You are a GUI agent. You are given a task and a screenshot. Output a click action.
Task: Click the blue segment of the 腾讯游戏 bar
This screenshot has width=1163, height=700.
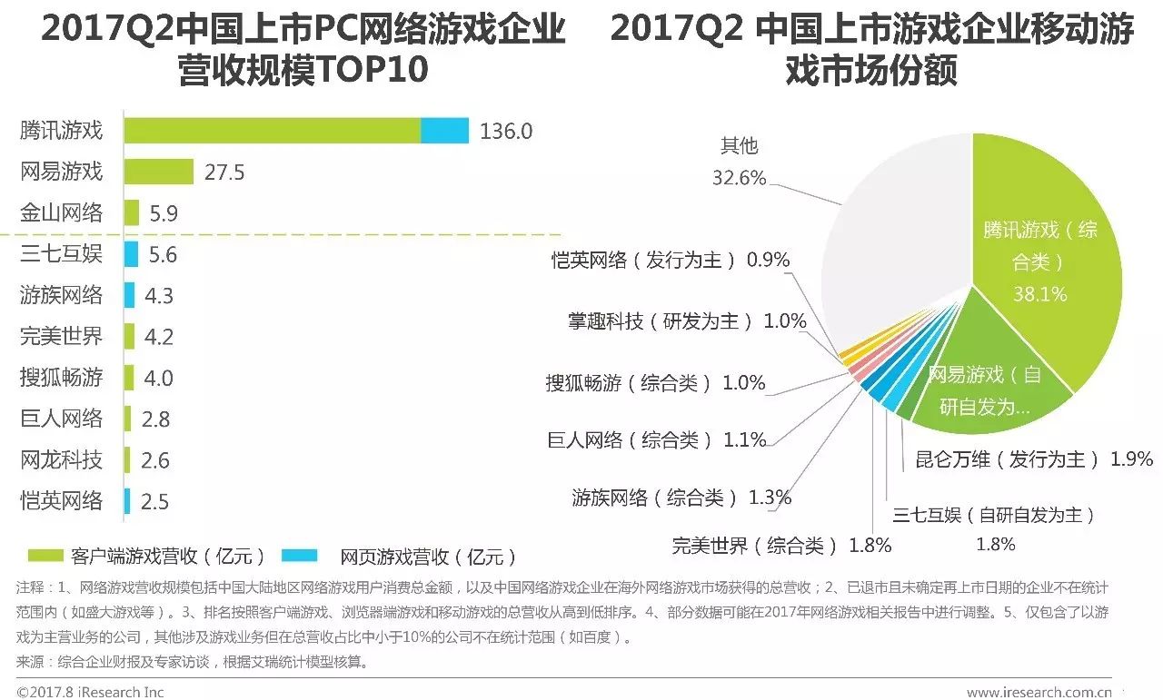coord(444,131)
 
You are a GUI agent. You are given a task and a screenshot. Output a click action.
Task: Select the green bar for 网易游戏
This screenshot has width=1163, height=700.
coord(158,172)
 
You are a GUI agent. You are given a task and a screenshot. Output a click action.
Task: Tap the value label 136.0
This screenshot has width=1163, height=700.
coord(506,132)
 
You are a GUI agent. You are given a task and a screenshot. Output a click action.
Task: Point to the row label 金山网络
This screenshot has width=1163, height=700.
coord(62,213)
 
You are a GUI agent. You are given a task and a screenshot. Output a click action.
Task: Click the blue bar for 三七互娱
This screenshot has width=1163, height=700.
coord(132,254)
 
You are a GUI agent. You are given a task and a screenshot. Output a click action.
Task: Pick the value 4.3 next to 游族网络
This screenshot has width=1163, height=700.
coord(158,296)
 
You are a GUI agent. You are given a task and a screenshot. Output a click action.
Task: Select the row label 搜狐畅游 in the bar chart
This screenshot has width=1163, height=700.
coord(62,378)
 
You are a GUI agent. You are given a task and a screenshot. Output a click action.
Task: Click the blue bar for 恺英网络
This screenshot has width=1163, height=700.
coord(127,501)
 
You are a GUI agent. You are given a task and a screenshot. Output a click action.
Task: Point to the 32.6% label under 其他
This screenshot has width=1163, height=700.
coord(739,178)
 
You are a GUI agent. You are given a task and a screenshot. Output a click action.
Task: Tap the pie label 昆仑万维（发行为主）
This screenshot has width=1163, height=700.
coord(1008,459)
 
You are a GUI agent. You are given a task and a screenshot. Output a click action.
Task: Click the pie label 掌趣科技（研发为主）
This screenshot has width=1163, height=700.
coord(661,321)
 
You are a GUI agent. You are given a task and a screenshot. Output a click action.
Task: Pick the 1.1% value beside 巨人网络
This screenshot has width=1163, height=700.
coord(745,440)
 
